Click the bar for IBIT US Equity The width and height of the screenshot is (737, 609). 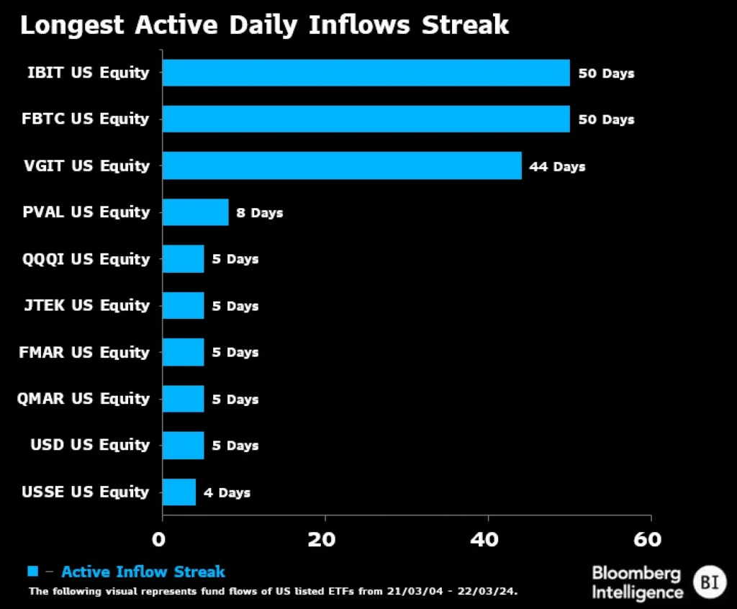[x=366, y=73]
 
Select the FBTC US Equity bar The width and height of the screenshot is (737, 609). [x=366, y=119]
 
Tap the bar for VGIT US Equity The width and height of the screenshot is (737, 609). [x=341, y=166]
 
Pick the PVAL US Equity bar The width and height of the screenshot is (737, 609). [x=195, y=212]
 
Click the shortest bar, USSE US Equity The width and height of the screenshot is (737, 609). [x=178, y=492]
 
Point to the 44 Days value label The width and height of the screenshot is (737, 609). [x=557, y=166]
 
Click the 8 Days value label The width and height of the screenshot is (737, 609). [x=259, y=213]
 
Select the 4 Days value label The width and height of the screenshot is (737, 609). [x=227, y=493]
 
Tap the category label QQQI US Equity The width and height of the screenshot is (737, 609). [x=86, y=259]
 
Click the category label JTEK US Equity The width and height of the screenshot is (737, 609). [x=86, y=305]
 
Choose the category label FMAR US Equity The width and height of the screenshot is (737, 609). [x=84, y=352]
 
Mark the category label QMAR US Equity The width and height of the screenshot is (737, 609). [x=83, y=399]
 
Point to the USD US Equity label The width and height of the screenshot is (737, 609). [x=90, y=445]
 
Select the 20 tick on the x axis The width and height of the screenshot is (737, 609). [x=325, y=539]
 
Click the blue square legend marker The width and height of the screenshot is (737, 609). [x=32, y=572]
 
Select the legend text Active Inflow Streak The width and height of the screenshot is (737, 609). [x=143, y=572]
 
